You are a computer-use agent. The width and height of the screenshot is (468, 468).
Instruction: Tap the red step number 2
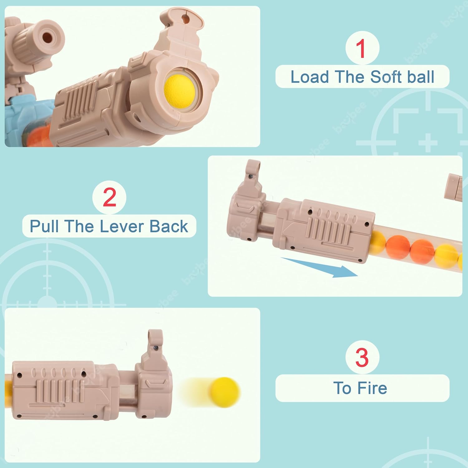coord(110,197)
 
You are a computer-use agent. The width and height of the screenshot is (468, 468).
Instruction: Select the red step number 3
coord(362,358)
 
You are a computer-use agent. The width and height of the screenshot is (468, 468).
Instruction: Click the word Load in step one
coord(310,77)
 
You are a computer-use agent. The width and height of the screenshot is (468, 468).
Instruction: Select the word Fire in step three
coord(372,388)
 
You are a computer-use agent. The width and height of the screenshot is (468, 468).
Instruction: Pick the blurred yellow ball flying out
coord(224,392)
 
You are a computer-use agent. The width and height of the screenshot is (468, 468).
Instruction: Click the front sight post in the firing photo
coord(155,343)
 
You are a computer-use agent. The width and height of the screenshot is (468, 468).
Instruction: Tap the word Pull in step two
coord(44,227)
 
